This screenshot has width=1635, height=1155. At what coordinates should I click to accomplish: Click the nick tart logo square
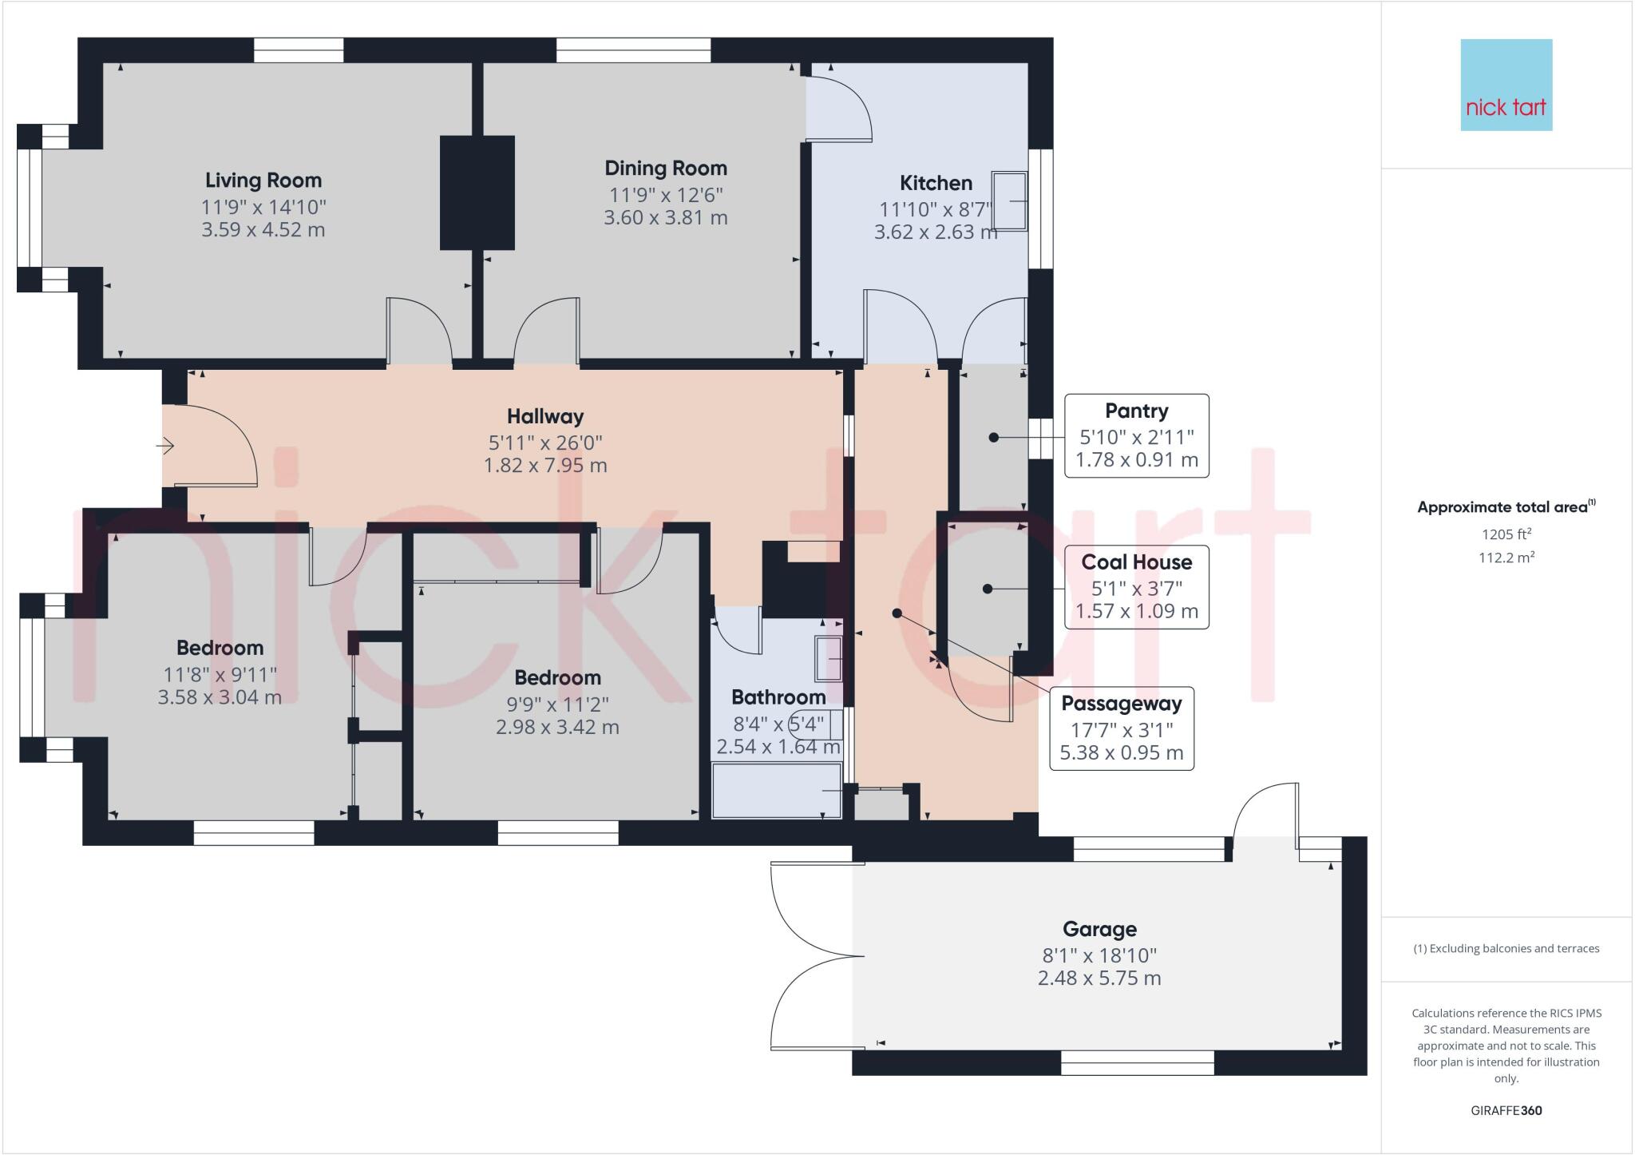(1506, 85)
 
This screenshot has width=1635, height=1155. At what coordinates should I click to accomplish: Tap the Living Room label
(263, 181)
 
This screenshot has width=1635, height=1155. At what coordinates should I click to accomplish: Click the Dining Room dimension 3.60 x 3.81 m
(665, 217)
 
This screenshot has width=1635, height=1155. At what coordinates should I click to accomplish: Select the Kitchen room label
(936, 183)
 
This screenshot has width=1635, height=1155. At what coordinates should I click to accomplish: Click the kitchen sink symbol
(1010, 200)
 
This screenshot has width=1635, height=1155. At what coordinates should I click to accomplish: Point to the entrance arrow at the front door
(165, 446)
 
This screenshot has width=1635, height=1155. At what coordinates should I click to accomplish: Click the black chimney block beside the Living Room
(477, 192)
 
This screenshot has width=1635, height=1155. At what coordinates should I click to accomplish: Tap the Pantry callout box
(1136, 435)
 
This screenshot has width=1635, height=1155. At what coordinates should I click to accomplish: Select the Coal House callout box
(1136, 586)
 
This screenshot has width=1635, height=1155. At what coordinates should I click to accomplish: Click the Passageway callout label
(1121, 704)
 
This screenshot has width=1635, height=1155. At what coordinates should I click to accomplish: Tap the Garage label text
(1099, 929)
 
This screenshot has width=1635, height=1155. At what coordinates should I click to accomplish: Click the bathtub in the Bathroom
(776, 791)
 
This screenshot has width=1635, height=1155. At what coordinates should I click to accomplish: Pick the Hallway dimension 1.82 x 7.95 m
(545, 465)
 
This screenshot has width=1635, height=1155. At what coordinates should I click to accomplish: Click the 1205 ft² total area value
(1506, 534)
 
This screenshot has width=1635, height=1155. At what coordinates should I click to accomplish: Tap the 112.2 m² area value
(1506, 558)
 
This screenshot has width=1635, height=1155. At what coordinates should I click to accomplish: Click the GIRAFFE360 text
(1506, 1110)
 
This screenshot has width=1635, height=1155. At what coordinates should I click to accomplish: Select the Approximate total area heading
(1504, 507)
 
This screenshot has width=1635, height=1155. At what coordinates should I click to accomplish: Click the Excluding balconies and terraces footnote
(1506, 949)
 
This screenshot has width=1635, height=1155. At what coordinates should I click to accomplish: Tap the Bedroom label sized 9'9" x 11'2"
(557, 678)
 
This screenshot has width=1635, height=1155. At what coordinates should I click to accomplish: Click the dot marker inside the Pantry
(994, 437)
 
